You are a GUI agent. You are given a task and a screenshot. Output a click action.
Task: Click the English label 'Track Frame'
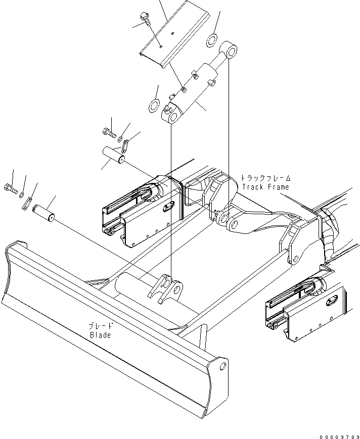(x=265, y=187)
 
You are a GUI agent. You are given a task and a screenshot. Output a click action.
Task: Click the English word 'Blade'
(x=101, y=335)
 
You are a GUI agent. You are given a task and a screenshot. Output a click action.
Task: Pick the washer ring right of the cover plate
(x=212, y=39)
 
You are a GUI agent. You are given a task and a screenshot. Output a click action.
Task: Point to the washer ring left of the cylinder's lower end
(x=153, y=107)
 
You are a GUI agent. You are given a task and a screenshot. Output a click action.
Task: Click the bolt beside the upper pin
(x=109, y=133)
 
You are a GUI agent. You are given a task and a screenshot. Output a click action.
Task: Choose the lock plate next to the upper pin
(x=126, y=147)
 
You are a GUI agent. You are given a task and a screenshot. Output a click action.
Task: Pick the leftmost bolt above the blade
(x=12, y=190)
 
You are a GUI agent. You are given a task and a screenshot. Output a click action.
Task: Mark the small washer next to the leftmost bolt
(x=22, y=192)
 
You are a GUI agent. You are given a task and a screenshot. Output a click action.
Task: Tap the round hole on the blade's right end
(x=220, y=367)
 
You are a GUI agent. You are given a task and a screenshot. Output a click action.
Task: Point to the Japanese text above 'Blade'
(x=101, y=326)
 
